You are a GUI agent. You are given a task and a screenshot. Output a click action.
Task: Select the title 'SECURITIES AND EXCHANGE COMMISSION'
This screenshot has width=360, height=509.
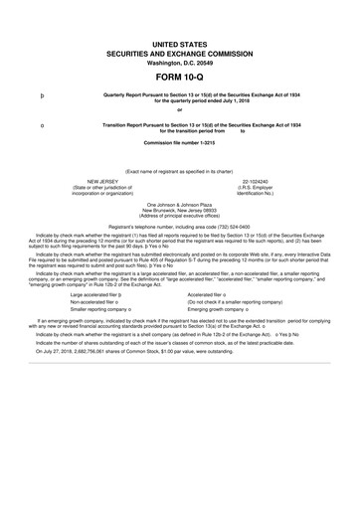click(180, 50)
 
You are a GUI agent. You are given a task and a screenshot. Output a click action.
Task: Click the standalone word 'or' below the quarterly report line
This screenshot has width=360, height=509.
click(180, 109)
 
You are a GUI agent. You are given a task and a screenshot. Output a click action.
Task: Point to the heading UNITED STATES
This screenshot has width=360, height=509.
click(180, 40)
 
